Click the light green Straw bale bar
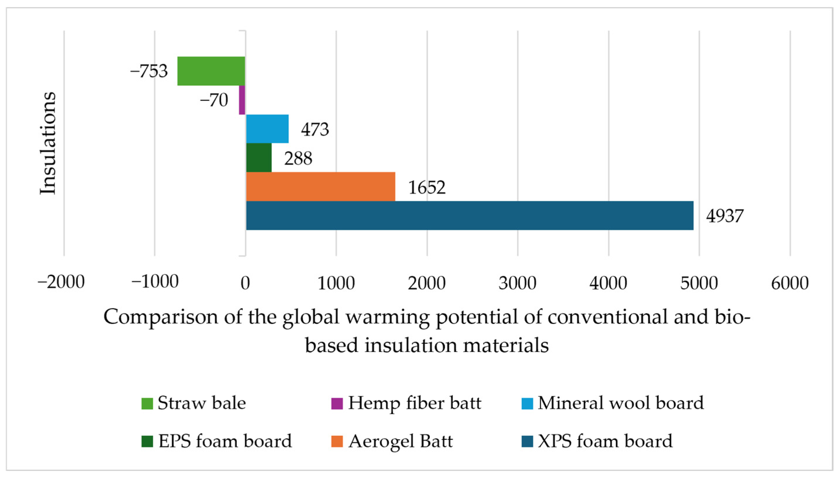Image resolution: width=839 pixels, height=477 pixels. tap(211, 71)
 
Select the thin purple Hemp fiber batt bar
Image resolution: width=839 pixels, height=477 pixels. tap(242, 100)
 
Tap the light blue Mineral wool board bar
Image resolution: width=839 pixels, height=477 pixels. tap(267, 129)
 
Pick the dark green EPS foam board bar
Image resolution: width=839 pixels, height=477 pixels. tap(259, 157)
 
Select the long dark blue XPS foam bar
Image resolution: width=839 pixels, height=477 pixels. tap(469, 215)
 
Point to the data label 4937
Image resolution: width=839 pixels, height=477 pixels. tap(725, 216)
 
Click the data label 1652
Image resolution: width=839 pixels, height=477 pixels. tap(427, 188)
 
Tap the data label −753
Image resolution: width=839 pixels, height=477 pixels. tap(149, 71)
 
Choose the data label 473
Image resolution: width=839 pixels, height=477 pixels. tap(315, 129)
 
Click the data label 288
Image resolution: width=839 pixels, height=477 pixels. tap(298, 159)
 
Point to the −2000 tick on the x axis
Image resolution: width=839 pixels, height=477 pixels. tap(61, 282)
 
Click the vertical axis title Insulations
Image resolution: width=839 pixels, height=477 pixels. tap(48, 143)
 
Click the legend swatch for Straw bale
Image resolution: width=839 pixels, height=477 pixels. tap(147, 404)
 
